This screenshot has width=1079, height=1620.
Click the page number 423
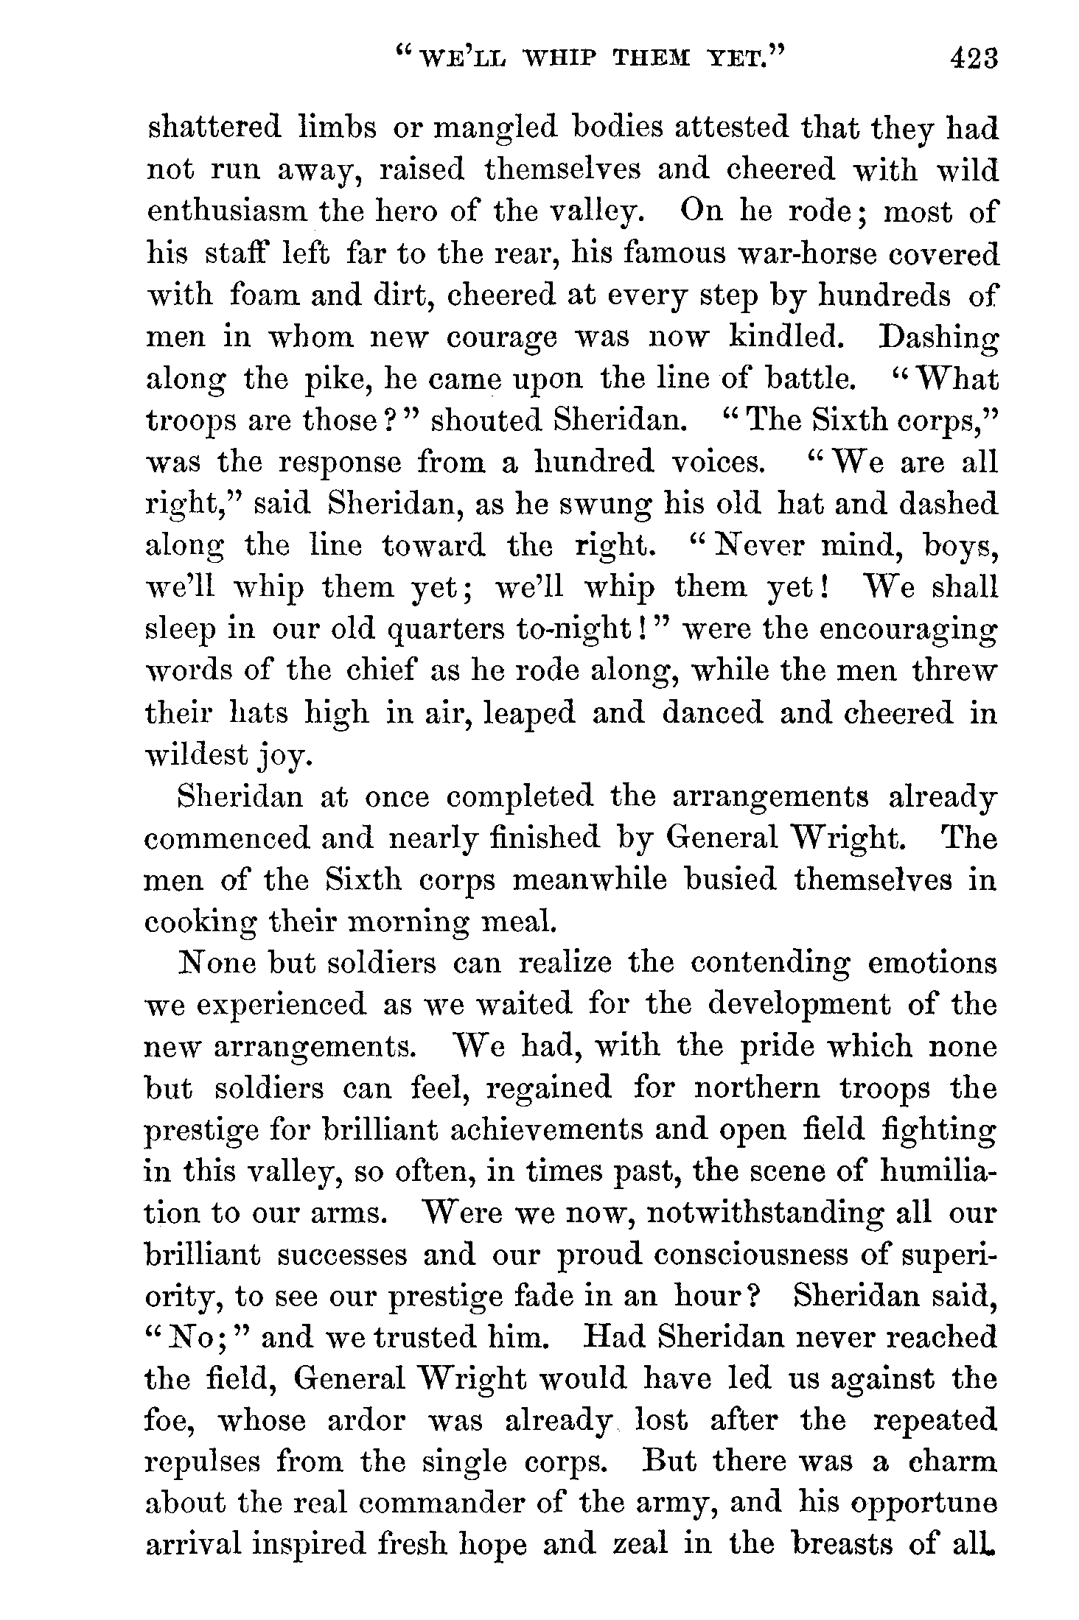tap(974, 58)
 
